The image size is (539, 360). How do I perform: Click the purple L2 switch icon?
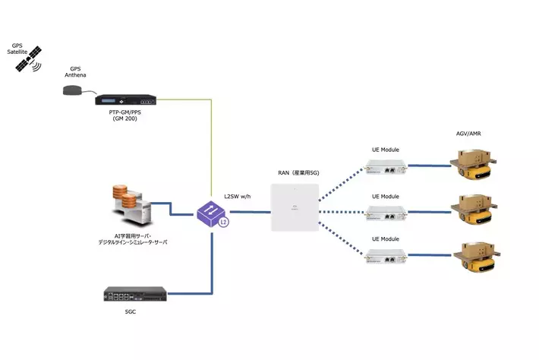click(x=212, y=213)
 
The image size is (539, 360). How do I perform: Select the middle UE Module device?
click(x=385, y=214)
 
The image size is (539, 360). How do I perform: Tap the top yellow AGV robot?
click(x=471, y=166)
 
